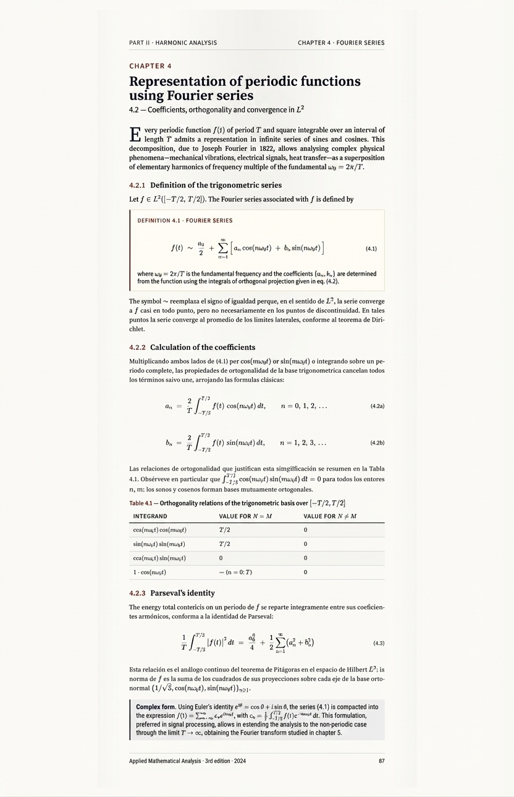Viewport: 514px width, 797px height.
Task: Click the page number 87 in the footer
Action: [x=381, y=761]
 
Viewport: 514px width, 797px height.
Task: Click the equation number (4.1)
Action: [x=371, y=249]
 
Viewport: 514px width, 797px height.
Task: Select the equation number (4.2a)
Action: [x=377, y=406]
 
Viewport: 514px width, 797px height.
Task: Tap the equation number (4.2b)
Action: [x=377, y=443]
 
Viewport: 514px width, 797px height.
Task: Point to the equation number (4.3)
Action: [x=379, y=643]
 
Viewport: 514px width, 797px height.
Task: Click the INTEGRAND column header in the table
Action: [x=150, y=516]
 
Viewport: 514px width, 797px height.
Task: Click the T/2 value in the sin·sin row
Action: [x=225, y=544]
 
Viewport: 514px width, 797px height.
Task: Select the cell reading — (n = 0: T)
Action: [x=235, y=573]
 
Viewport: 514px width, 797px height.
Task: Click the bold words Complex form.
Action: [x=155, y=707]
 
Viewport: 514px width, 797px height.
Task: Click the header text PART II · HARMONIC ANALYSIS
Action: [x=173, y=43]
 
